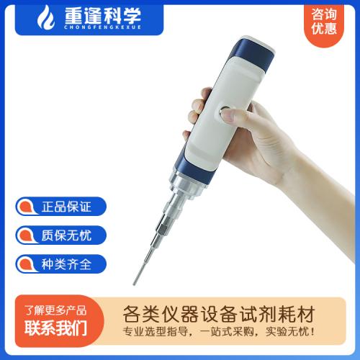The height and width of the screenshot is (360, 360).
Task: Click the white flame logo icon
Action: (x=45, y=17)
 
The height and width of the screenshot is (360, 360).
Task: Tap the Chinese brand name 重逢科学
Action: (x=102, y=15)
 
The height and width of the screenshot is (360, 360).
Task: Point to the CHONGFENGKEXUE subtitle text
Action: (x=102, y=27)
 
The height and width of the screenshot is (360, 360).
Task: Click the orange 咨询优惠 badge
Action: (x=324, y=24)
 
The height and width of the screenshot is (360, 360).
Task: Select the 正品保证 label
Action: (x=66, y=207)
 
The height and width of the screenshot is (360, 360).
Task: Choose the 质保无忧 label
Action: (x=66, y=235)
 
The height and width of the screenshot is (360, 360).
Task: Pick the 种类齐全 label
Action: (x=66, y=264)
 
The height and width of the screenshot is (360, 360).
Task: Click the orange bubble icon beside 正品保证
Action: (x=27, y=207)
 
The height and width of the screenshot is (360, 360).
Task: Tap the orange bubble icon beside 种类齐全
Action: (x=27, y=264)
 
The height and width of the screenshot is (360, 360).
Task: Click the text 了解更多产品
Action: (x=55, y=310)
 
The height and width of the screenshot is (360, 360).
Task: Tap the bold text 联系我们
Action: (x=55, y=328)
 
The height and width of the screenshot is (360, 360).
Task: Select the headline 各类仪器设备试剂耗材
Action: (x=219, y=314)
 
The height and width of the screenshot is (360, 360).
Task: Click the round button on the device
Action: (x=225, y=112)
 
